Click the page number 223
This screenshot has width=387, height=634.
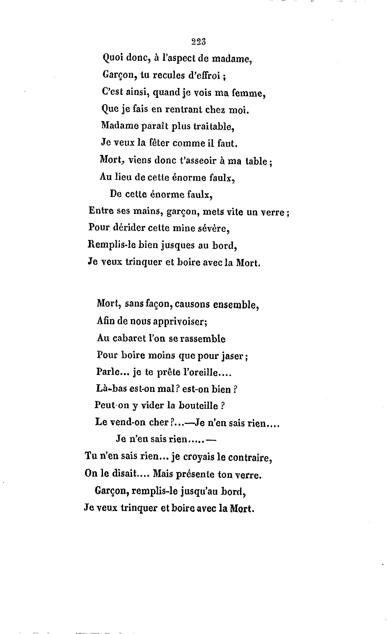(199, 42)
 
